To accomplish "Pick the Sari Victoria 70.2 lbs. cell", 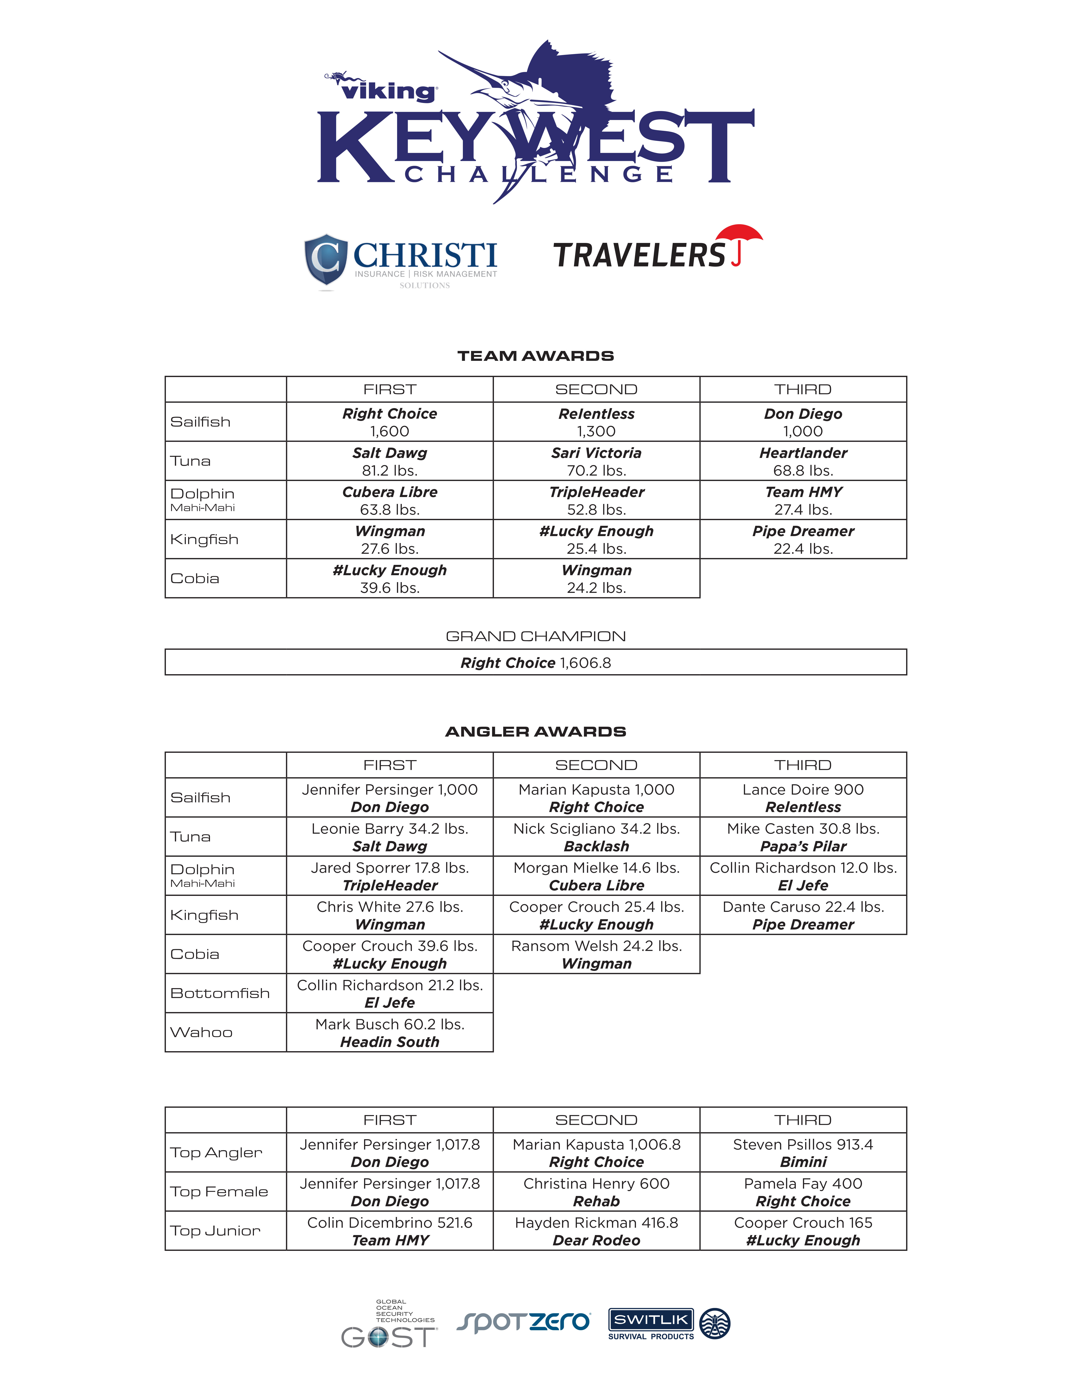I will [x=596, y=461].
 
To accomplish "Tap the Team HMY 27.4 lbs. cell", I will [x=803, y=500].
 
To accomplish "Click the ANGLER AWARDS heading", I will [x=535, y=732].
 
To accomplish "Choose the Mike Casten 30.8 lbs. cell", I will [x=803, y=837].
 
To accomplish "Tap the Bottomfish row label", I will [x=220, y=993].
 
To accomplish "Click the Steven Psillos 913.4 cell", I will [x=803, y=1153].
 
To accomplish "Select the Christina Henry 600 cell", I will [x=596, y=1192].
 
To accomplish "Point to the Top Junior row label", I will [x=215, y=1231].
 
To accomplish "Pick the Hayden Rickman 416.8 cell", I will [x=596, y=1231].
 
